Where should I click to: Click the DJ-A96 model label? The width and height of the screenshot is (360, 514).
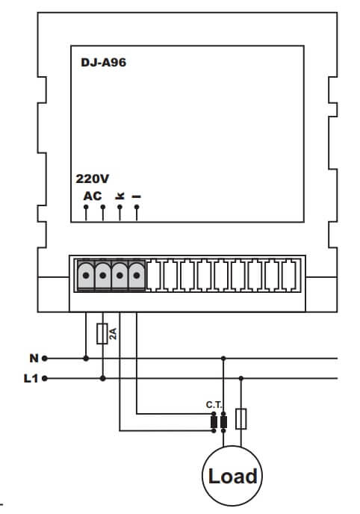coord(104,62)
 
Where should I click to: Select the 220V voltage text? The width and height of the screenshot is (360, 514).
coord(93,179)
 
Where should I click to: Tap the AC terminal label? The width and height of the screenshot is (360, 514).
coord(93,196)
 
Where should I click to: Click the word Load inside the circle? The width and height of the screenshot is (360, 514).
coord(232,477)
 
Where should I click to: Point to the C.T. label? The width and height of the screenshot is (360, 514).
coord(214,405)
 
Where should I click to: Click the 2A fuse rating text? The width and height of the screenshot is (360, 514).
coord(113,334)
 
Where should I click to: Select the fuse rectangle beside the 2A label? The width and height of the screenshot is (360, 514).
coord(102,334)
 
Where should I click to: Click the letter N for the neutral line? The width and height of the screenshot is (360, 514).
coord(34,359)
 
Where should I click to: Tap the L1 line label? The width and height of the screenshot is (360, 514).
coord(31,379)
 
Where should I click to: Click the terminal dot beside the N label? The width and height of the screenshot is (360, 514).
coord(45,359)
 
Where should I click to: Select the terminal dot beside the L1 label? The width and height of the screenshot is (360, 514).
coord(45,379)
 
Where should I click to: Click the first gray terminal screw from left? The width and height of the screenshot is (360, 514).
coord(86,276)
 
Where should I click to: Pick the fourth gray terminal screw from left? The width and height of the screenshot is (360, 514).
coord(137,276)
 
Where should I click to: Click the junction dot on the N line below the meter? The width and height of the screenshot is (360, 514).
coord(86,359)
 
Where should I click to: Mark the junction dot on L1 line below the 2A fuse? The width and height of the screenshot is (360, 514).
coord(103,379)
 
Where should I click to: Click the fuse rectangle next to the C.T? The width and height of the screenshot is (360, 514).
coord(241,419)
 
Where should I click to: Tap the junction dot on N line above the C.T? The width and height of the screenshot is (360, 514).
coord(223,359)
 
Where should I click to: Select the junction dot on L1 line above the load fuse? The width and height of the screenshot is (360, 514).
coord(241,379)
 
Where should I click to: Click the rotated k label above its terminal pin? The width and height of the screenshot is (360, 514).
coord(120,196)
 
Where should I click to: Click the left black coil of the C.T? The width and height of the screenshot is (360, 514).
coord(214,422)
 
